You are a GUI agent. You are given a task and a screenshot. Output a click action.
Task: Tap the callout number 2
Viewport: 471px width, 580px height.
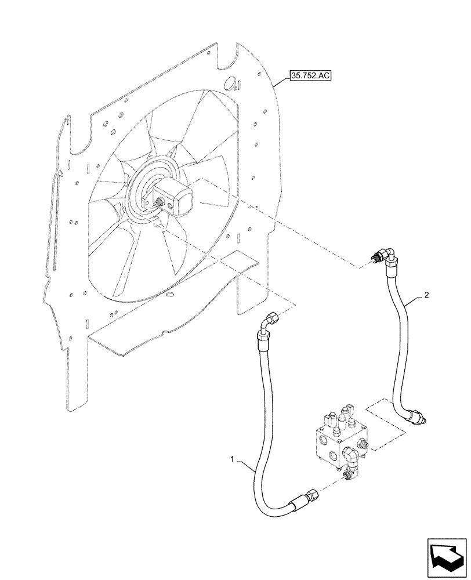426,295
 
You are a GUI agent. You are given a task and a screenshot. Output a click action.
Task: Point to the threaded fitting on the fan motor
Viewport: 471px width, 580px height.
158,202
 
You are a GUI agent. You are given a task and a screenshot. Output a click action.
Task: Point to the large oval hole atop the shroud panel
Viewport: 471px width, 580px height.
230,84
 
